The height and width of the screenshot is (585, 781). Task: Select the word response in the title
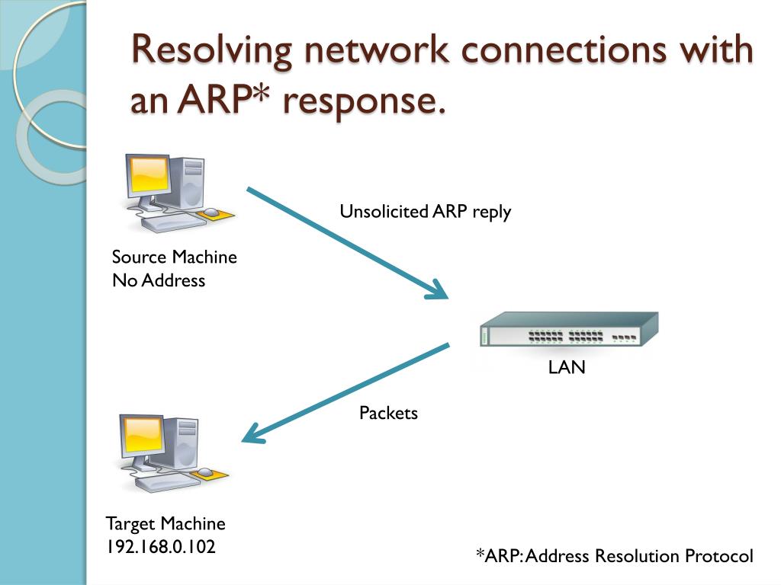pos(364,101)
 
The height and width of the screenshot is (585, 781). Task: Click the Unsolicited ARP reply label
pos(425,212)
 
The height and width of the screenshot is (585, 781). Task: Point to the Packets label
pos(388,413)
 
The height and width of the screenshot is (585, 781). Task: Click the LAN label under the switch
pos(567,368)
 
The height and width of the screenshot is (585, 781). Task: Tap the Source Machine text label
pos(174,257)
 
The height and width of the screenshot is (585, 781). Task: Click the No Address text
pos(159,280)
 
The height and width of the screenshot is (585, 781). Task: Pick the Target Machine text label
pos(166,524)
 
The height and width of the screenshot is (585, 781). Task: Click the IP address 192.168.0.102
pos(160,547)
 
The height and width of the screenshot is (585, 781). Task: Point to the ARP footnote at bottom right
pos(614,556)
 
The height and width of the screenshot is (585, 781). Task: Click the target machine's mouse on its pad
pos(206,473)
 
